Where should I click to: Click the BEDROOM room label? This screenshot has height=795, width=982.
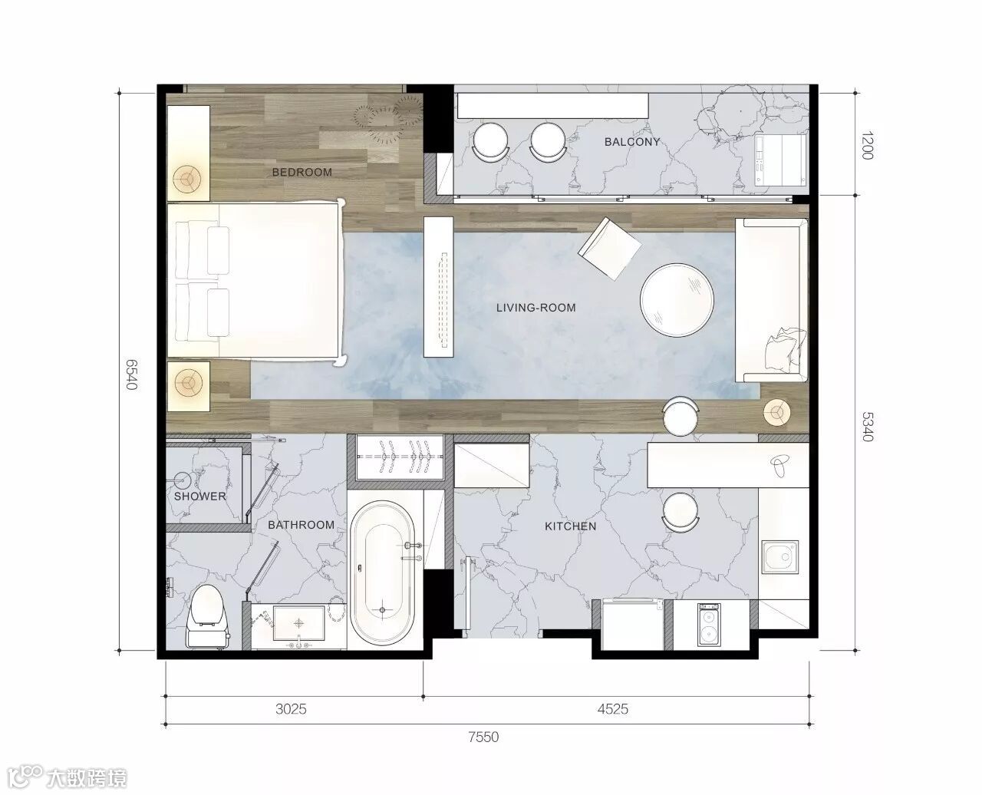pos(302,172)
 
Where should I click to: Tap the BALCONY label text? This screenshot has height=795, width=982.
pos(632,141)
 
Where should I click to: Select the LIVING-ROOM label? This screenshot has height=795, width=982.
pos(535,308)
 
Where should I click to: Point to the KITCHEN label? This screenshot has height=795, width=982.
pos(570,526)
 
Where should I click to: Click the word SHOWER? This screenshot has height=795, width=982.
pos(200,496)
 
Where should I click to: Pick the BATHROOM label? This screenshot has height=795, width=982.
pos(301,525)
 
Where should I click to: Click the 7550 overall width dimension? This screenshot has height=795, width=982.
pos(483,737)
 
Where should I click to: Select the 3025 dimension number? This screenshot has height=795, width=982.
pos(291,709)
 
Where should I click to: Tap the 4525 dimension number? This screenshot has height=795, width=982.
pos(613,709)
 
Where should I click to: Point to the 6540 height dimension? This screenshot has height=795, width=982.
pos(131,374)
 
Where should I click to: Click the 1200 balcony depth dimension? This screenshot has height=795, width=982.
pos(867,145)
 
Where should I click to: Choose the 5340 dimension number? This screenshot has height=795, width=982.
pos(867,427)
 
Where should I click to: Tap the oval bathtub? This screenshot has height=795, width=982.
pos(382,572)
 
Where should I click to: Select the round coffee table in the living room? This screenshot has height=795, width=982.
pos(677,300)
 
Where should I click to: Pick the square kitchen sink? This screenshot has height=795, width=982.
pos(779,557)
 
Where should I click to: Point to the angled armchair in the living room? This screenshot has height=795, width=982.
pos(609,249)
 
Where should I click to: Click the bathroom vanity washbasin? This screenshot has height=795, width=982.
pos(299,623)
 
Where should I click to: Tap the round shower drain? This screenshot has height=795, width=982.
pos(182,481)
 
